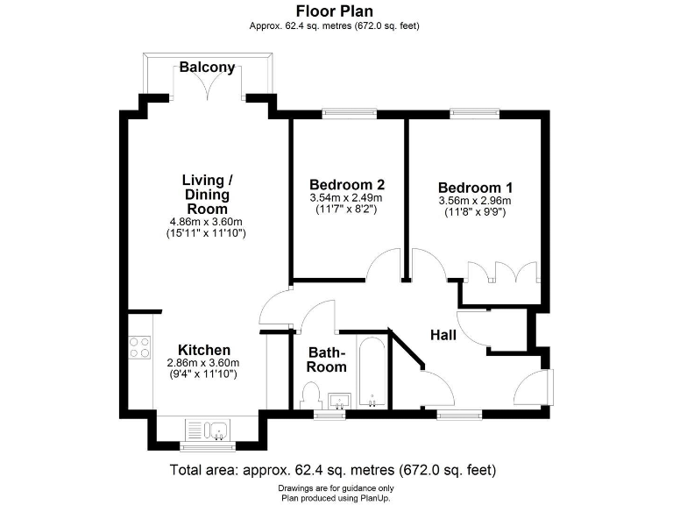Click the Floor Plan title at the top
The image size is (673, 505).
[336, 11]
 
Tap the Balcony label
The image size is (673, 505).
[208, 67]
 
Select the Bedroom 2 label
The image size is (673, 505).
[346, 185]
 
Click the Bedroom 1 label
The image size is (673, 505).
[475, 188]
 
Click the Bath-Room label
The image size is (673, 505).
[326, 359]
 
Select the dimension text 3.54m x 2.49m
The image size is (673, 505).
[347, 199]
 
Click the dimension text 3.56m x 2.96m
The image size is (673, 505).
[475, 201]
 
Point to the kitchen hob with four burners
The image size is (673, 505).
[139, 348]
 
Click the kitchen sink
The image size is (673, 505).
[208, 430]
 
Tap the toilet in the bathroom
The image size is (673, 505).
[311, 394]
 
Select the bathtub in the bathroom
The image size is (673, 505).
[372, 373]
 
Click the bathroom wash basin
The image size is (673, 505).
[339, 402]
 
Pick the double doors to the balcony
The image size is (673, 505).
[207, 85]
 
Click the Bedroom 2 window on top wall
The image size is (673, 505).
[349, 112]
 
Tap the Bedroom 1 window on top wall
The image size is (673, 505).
[475, 112]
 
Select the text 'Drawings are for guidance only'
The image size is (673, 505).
[336, 487]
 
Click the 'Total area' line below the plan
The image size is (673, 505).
[336, 469]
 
